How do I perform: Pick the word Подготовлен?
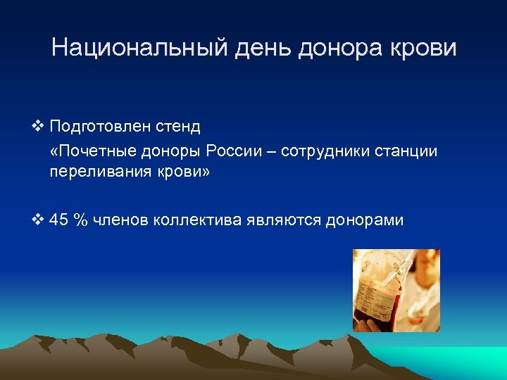click(101, 127)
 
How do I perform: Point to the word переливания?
click(96, 173)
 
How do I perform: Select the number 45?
click(61, 220)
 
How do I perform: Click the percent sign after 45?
click(82, 220)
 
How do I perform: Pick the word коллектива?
click(199, 220)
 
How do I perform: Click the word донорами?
click(364, 220)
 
